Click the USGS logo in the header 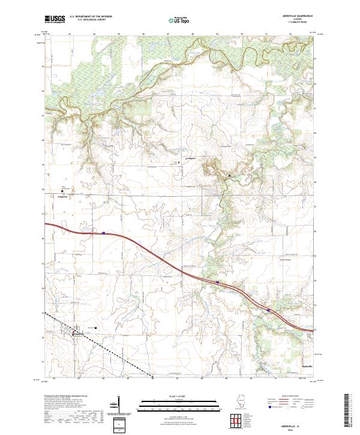click(x=55, y=20)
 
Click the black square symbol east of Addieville click(x=95, y=328)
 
